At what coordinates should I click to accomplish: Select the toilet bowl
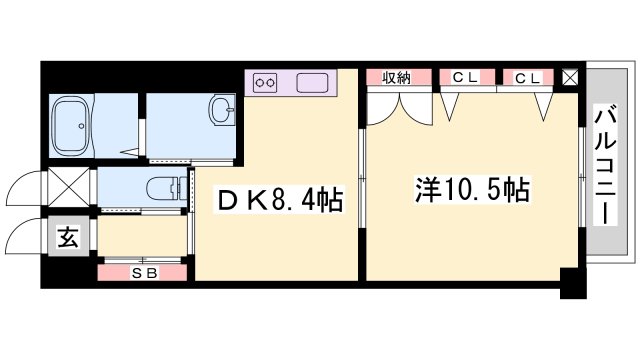(165, 187)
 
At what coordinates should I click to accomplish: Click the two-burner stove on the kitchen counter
(267, 82)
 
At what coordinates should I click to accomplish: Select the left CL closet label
(463, 77)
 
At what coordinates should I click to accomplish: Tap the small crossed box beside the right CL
(570, 77)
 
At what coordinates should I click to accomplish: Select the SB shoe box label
(143, 270)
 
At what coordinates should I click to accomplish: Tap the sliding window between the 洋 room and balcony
(583, 181)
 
